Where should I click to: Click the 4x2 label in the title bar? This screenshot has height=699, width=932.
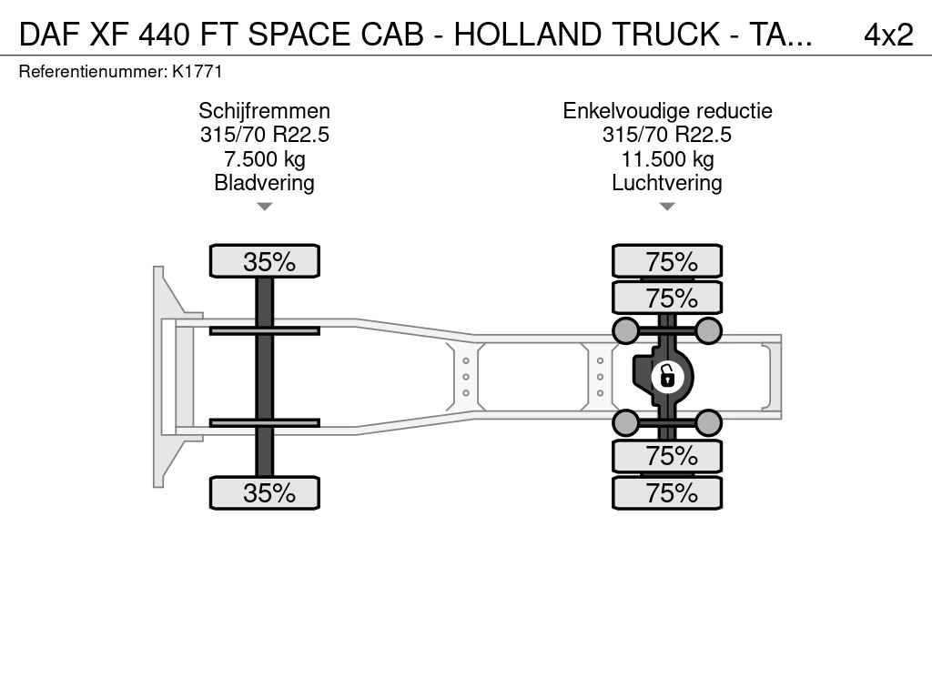[888, 35]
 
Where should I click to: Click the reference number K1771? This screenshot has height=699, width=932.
[198, 72]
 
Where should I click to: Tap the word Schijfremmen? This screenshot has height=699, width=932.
[265, 111]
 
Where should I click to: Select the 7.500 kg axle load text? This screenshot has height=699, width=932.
[265, 158]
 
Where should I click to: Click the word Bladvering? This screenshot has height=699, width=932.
[265, 183]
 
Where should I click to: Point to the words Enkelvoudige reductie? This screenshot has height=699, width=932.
[667, 111]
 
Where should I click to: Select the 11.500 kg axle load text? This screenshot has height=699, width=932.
[667, 158]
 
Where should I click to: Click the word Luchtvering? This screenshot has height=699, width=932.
[667, 183]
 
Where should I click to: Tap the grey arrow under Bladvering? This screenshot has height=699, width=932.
[265, 207]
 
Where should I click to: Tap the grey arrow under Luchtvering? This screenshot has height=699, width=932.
[667, 207]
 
